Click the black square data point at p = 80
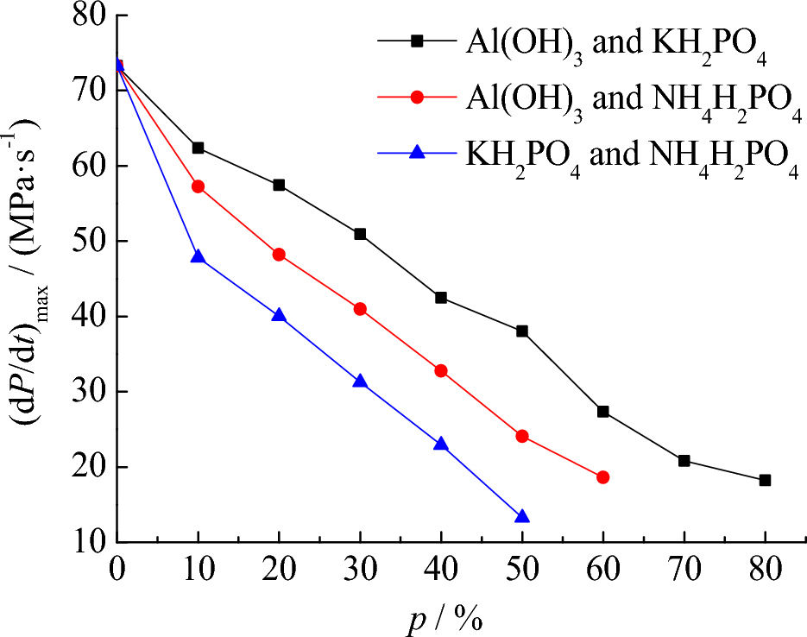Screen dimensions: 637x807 (x=765, y=480)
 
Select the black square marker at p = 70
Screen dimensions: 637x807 (x=684, y=460)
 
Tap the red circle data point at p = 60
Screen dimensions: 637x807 (x=602, y=477)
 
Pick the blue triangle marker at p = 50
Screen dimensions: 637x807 (x=521, y=516)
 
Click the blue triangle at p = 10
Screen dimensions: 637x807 (x=198, y=256)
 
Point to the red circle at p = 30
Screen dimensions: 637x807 (x=360, y=309)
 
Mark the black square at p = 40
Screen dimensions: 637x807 (x=441, y=298)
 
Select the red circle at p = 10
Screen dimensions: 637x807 (x=198, y=186)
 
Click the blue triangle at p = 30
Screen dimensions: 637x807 (x=360, y=381)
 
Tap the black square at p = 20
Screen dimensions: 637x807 (x=279, y=185)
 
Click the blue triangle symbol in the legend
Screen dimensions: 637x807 (x=417, y=152)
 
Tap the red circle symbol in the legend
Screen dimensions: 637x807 (x=417, y=96)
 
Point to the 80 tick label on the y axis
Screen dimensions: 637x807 (x=85, y=16)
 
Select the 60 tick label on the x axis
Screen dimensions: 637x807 (x=602, y=571)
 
